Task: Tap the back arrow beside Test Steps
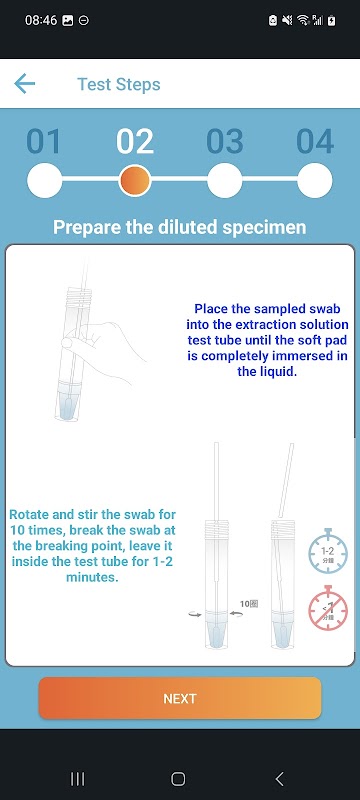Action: coord(24,84)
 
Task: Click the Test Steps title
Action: coord(119,84)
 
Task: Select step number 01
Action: coord(43,141)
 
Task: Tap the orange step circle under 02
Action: coord(135,180)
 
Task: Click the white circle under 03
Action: coord(225,180)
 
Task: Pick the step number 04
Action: coord(315,141)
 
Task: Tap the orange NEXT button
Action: coord(180,698)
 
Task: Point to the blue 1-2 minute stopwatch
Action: coord(328,552)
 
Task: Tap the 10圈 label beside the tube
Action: coord(249,604)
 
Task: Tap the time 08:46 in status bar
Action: coord(41,20)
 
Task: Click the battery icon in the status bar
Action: coord(332,20)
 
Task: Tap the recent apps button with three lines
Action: coord(78,779)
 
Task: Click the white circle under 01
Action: coord(44,180)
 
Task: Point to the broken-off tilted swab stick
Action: coord(286,480)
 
